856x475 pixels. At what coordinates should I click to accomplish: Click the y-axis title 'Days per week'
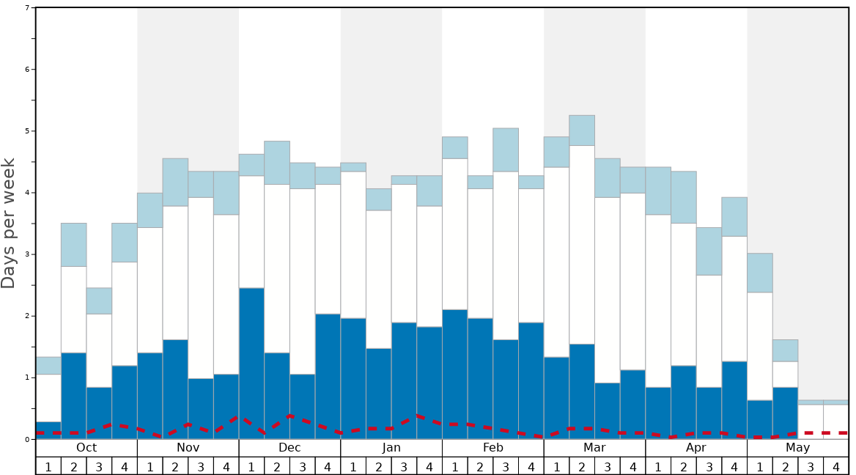(9, 223)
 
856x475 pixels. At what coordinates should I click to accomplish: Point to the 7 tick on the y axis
(27, 8)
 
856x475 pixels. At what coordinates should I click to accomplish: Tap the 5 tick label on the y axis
(27, 131)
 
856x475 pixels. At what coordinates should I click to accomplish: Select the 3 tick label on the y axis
(27, 254)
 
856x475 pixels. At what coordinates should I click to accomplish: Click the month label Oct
(86, 448)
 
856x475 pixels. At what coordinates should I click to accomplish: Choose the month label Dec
(289, 448)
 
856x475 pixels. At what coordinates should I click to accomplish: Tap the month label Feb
(493, 448)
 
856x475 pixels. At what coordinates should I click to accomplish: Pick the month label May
(798, 448)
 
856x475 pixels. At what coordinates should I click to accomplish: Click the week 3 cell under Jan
(404, 466)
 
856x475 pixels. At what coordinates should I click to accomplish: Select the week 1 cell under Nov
(150, 466)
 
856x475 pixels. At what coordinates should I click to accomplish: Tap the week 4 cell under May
(836, 466)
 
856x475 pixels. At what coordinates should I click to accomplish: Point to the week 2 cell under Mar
(582, 466)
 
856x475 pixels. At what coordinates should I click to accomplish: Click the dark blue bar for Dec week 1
(251, 363)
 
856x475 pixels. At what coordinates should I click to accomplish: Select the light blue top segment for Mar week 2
(582, 130)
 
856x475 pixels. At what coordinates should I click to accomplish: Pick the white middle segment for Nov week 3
(201, 287)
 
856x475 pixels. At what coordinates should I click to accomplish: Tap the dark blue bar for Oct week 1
(48, 430)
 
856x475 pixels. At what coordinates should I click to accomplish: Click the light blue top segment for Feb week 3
(506, 150)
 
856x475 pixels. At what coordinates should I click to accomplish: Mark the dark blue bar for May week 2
(785, 413)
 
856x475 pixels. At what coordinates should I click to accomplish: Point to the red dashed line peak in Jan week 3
(417, 416)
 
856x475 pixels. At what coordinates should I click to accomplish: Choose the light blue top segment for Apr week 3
(709, 251)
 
